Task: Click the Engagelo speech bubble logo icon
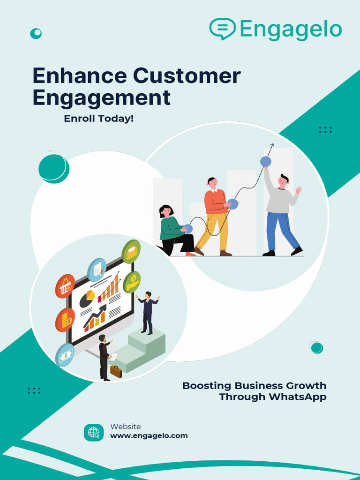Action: tap(223, 29)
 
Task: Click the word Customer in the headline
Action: tap(187, 76)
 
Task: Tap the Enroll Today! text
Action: tap(99, 119)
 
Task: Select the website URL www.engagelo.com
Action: tap(149, 435)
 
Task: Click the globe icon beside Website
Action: tap(94, 433)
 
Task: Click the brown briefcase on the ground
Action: tap(116, 371)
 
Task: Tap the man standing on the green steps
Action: tap(148, 313)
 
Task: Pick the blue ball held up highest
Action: tap(265, 161)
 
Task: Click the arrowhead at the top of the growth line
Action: tap(272, 145)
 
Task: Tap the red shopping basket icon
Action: tap(65, 286)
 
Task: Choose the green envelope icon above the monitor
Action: tap(131, 252)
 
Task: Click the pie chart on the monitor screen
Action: tap(87, 299)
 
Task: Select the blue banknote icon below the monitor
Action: tap(65, 355)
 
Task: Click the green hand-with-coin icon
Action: tap(132, 282)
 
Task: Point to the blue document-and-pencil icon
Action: tap(97, 270)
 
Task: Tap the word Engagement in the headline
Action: tap(102, 97)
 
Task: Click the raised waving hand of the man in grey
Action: tap(298, 190)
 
